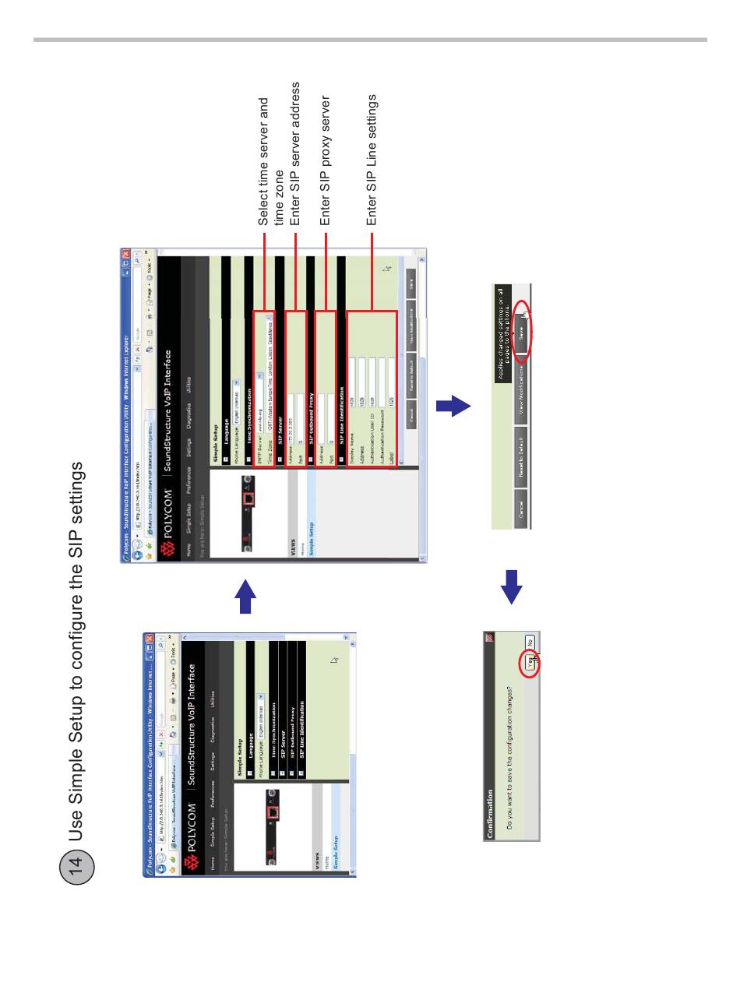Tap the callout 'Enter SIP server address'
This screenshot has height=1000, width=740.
point(295,153)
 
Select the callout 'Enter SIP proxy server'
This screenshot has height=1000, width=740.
point(326,160)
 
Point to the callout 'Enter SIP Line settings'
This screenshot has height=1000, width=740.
point(372,160)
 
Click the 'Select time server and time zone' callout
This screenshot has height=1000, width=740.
point(271,161)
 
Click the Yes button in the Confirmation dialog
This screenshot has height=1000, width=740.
point(529,661)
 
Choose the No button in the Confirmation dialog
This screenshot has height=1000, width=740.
point(529,643)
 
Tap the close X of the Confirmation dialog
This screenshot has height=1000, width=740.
point(489,637)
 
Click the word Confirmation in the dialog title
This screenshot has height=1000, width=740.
point(490,814)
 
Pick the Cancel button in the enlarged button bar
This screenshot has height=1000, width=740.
point(521,509)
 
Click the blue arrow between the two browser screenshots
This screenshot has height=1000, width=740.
point(245,597)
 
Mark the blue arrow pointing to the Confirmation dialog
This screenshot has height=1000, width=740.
point(511,587)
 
